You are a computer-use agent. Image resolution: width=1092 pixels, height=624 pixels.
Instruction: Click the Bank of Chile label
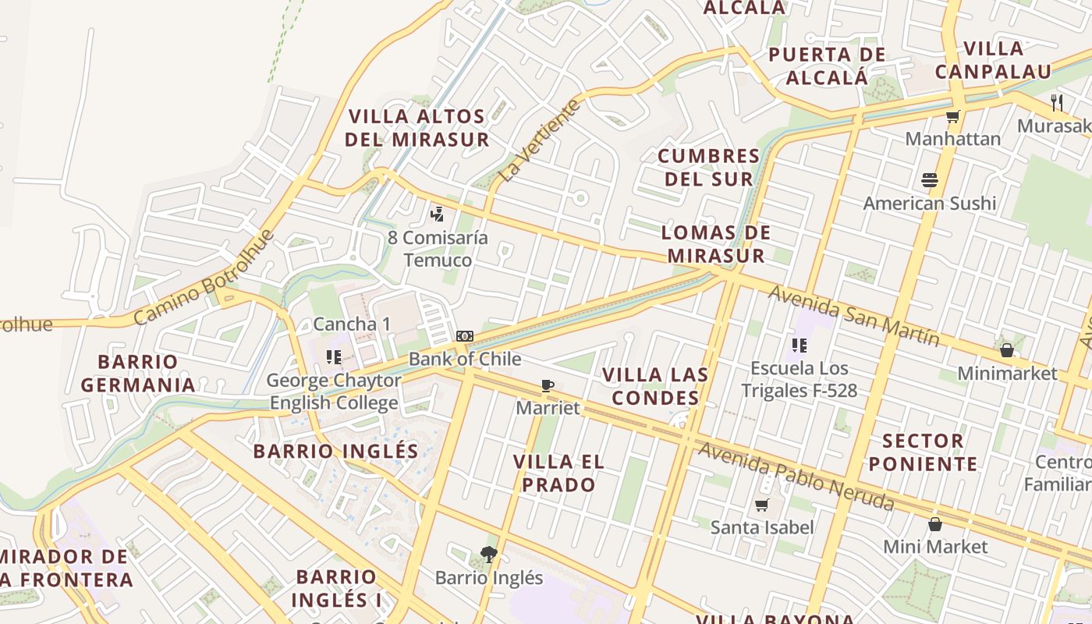464,360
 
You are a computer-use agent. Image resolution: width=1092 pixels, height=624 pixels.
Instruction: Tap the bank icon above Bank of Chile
465,336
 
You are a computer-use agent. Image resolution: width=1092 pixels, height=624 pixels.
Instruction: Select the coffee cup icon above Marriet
548,385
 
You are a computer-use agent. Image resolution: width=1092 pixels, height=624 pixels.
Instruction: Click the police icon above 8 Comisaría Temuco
438,213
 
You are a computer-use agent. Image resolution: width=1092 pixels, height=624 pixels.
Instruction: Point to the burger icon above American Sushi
929,180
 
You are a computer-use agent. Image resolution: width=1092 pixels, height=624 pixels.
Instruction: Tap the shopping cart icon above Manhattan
952,117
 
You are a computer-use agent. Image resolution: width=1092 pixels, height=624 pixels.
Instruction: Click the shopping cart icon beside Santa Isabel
762,505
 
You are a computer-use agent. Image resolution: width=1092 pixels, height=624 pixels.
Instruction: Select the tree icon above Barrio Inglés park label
489,555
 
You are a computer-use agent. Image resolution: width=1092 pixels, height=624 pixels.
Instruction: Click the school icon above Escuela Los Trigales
799,345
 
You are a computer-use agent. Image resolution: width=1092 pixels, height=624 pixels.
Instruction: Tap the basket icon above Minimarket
1007,350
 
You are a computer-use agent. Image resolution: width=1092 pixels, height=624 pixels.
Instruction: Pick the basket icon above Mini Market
935,523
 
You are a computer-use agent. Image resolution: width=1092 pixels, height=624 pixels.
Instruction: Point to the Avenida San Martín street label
854,315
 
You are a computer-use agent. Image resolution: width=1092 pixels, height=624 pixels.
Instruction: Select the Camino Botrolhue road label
204,278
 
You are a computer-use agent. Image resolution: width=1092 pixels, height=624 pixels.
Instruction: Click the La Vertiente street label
541,141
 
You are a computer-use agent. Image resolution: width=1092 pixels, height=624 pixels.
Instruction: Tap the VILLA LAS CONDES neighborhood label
655,386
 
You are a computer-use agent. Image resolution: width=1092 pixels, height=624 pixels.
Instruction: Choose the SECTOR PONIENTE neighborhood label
923,452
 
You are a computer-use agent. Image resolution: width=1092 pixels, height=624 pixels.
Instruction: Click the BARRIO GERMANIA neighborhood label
138,374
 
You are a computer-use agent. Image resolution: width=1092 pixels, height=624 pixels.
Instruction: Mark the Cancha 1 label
352,324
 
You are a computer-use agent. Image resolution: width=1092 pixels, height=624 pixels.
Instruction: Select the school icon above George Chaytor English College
334,357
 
